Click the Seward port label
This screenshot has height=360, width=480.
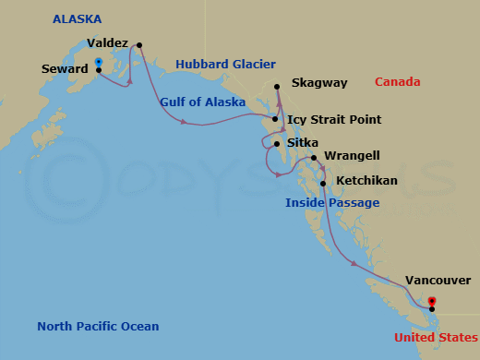pos(66,68)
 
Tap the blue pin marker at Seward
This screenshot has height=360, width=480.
pos(98,64)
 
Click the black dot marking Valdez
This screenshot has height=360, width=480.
pos(138,44)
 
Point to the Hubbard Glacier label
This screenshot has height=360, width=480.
pos(225,64)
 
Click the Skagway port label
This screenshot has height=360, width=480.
pos(318,83)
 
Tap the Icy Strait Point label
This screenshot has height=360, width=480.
pos(333,119)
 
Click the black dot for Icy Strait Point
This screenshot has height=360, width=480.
pos(275,119)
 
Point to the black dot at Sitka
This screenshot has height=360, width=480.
pos(276,144)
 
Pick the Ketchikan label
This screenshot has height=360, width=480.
pos(366,181)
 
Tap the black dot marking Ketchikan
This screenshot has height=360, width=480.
pos(322,182)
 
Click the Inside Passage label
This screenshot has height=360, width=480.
pos(331,202)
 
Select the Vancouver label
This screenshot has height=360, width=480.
pos(437,281)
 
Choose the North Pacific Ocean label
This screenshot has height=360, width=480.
pos(98,326)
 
